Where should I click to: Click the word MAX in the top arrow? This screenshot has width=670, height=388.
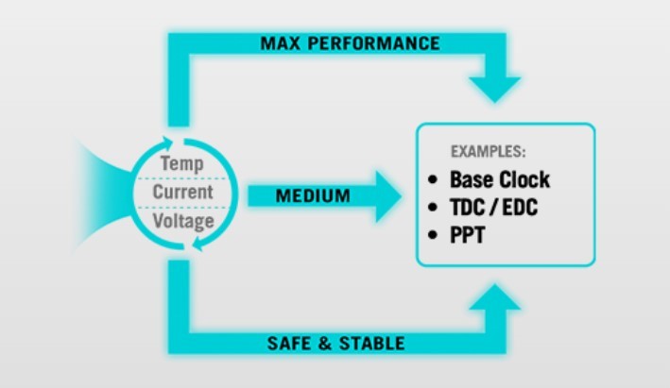pyautogui.click(x=281, y=43)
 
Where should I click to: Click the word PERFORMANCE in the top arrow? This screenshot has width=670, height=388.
pyautogui.click(x=374, y=43)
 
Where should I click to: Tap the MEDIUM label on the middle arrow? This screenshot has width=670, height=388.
pyautogui.click(x=313, y=196)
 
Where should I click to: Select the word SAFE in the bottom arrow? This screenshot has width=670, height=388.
pyautogui.click(x=288, y=344)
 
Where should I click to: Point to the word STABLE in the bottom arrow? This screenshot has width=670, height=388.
pyautogui.click(x=371, y=344)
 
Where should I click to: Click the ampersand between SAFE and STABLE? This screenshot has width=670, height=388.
pyautogui.click(x=325, y=344)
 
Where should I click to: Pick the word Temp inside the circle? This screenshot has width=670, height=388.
pyautogui.click(x=182, y=164)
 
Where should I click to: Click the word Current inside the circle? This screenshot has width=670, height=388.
pyautogui.click(x=183, y=192)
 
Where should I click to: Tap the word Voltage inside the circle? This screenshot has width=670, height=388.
pyautogui.click(x=183, y=222)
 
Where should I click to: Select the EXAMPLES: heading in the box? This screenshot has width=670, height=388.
pyautogui.click(x=489, y=152)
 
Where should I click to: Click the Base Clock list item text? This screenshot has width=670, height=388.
pyautogui.click(x=500, y=179)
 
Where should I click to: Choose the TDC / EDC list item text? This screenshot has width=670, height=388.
pyautogui.click(x=494, y=208)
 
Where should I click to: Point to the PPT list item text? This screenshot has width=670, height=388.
pyautogui.click(x=468, y=235)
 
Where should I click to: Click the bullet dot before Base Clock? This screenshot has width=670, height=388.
pyautogui.click(x=433, y=179)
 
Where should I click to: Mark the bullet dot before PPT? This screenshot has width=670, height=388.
pyautogui.click(x=433, y=235)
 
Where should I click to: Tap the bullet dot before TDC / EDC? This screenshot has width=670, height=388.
pyautogui.click(x=433, y=207)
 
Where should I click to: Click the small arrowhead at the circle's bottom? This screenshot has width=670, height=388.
pyautogui.click(x=198, y=245)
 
